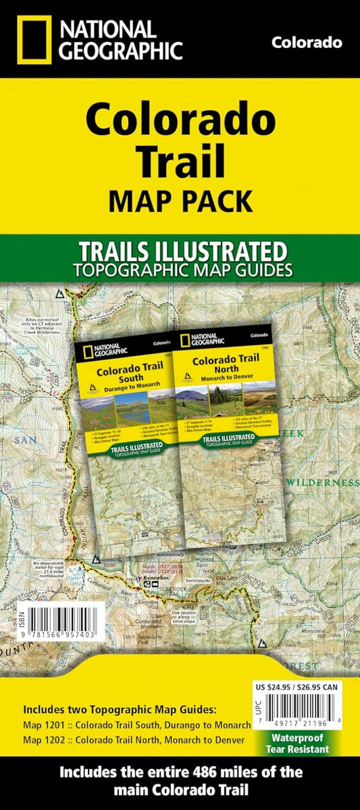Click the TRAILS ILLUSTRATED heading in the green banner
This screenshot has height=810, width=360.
[x=180, y=251]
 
